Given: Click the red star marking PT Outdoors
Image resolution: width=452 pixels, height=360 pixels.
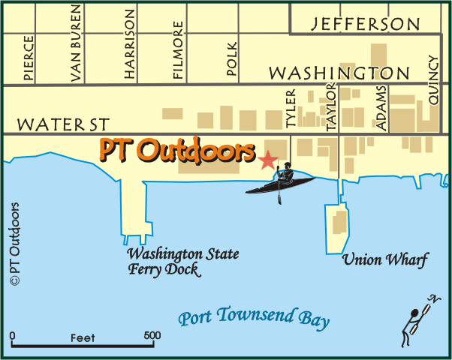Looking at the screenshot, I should point(267,159).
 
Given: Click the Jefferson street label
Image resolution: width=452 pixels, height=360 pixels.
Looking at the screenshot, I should point(366,24).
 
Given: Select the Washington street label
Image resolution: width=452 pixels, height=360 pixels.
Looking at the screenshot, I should point(339,73).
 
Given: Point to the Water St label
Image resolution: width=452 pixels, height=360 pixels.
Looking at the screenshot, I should point(64,123).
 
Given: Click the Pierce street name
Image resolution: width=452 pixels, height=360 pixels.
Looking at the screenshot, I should point(29,58).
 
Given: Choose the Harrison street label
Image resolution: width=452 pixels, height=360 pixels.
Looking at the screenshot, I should point(130,44).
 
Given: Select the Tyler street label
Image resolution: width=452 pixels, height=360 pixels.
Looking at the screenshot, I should point(291,108).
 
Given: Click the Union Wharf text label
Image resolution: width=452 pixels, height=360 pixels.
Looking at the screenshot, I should point(384,260).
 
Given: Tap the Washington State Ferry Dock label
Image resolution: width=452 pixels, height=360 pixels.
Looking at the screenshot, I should point(182,261).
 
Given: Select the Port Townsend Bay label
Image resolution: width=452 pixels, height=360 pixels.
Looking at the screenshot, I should point(254,318).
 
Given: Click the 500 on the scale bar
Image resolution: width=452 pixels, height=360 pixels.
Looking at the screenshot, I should point(152,335).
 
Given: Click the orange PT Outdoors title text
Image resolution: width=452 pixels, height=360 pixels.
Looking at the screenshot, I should point(177,151).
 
